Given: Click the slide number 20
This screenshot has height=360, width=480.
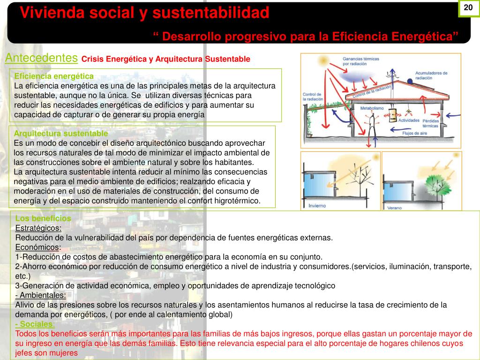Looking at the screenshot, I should pos(468,8).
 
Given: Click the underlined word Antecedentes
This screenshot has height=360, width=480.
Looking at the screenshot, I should pos(41,58).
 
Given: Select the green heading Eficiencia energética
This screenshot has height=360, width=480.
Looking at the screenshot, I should pos(54,76).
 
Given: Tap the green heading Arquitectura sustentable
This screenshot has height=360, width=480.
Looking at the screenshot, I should pos(61,133).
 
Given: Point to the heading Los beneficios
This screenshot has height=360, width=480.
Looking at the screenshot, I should pos(43,218).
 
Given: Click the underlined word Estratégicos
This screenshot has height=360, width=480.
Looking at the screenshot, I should pos(38,228).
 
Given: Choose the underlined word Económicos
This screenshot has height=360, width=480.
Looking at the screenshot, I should pos(38,247).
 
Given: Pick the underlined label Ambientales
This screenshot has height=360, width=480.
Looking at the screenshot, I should pos(41,295).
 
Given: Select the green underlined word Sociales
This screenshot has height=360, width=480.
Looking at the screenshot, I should pos(35,324).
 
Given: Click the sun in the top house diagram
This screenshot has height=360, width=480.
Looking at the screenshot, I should pos(322,61).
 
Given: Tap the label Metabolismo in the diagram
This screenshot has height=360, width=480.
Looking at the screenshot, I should pos(372,108).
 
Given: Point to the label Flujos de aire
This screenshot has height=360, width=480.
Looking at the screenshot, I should pos(414,133).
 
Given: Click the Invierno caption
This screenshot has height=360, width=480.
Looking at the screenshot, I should pos(318,205).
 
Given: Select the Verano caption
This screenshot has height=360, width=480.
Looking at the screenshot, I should pos(395,207).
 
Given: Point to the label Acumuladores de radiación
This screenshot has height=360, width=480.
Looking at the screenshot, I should pos(431,75).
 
